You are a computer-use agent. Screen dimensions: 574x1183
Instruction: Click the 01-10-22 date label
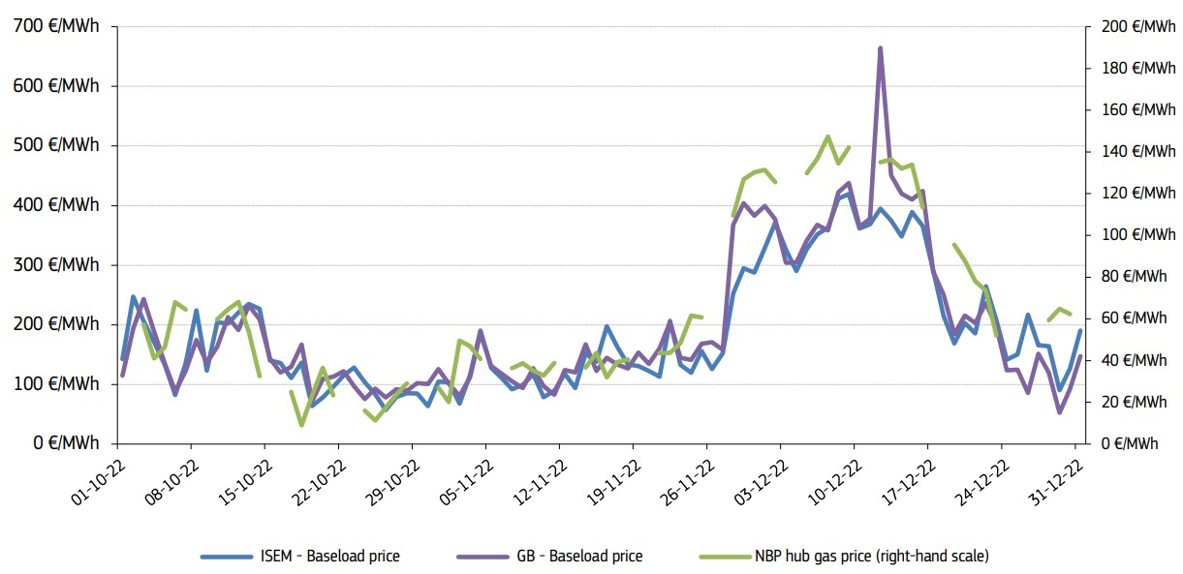[x=97, y=480]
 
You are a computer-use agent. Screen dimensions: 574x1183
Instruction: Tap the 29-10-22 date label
[x=391, y=480]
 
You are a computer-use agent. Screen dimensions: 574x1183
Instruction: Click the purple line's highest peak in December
[x=880, y=47]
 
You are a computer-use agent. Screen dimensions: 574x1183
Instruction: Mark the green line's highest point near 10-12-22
[x=827, y=136]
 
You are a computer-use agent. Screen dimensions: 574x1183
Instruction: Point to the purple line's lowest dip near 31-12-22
[x=1059, y=412]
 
